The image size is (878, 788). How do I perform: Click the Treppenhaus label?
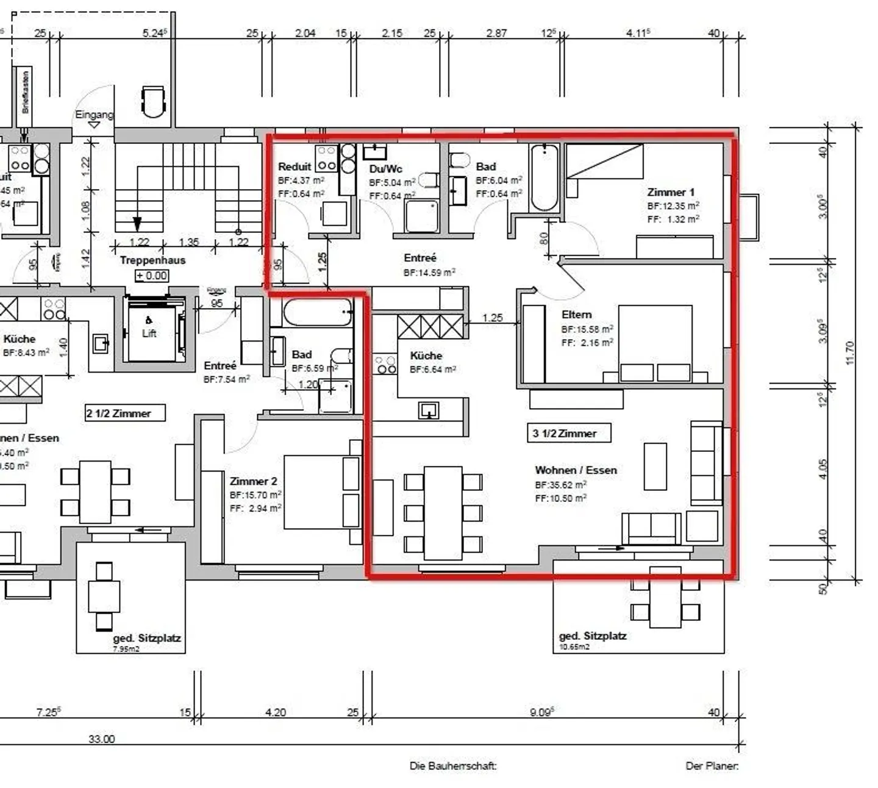point(152,260)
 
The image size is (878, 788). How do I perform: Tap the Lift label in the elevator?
point(149,333)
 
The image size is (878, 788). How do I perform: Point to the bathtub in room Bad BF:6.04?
point(544,177)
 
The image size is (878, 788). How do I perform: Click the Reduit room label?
point(294,167)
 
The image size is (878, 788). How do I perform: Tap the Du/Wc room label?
point(385,169)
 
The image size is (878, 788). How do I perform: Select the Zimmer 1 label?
point(671,192)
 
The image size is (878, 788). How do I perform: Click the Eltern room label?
point(576,315)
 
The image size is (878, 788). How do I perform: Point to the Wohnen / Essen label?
point(576,470)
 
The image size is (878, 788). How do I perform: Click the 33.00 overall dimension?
point(101,739)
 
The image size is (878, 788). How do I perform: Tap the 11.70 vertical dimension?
point(851,353)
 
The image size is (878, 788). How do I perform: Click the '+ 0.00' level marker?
point(152,276)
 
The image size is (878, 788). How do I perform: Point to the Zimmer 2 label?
point(253,481)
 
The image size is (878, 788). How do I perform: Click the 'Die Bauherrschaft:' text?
point(453,766)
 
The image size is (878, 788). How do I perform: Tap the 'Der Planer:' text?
point(712,766)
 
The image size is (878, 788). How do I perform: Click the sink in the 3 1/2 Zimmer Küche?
point(429,410)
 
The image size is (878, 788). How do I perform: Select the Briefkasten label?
point(25,92)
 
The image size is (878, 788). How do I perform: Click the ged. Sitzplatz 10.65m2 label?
point(592,636)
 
